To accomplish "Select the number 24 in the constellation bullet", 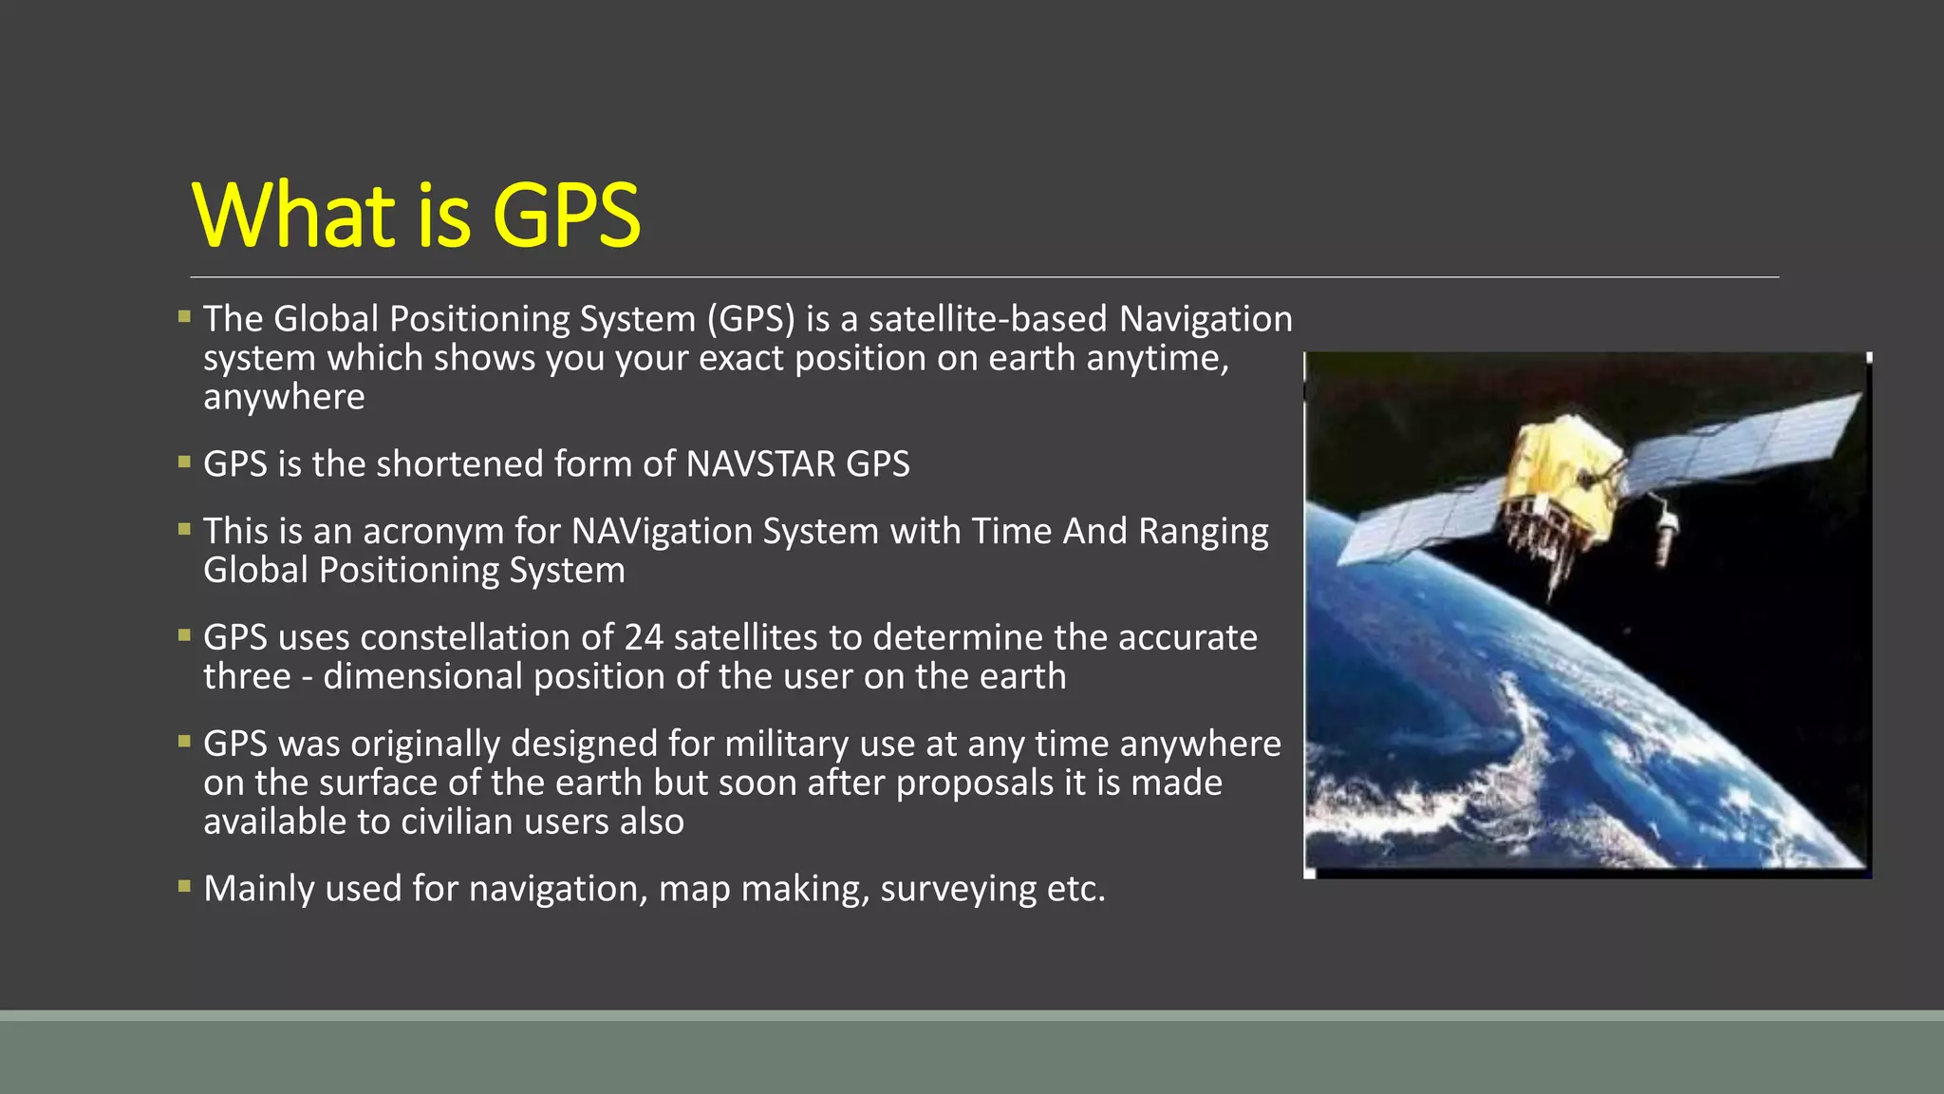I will click(644, 637).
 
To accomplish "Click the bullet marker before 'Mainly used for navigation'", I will click(184, 887).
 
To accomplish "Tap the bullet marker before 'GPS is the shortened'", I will click(184, 462).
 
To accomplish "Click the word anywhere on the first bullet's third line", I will click(284, 398).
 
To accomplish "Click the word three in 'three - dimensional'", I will click(247, 677).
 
